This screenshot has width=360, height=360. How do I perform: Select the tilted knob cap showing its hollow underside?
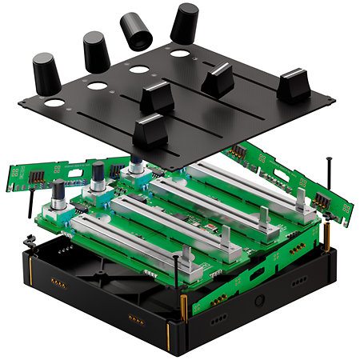(x=135, y=31)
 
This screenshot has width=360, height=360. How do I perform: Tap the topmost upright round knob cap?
(x=185, y=22)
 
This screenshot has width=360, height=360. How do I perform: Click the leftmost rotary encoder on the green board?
(x=59, y=193)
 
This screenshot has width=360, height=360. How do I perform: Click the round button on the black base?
(x=260, y=302)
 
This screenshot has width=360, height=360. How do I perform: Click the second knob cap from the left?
(x=95, y=51)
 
